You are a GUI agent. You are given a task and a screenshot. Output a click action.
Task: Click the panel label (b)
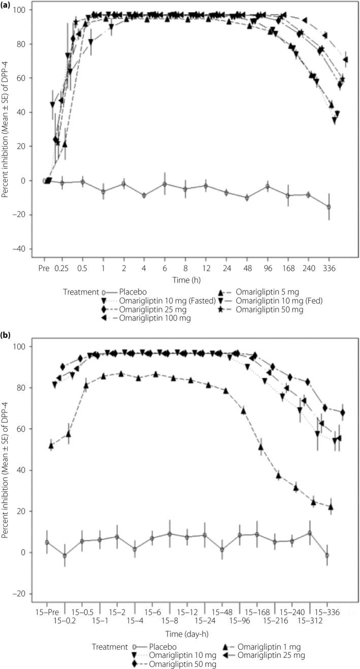(x=7, y=336)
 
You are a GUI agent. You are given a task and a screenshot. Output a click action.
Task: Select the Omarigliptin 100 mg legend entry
(x=157, y=318)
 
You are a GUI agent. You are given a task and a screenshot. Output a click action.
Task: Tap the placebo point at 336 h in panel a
(x=329, y=207)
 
